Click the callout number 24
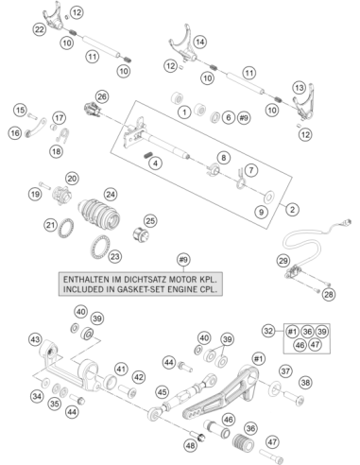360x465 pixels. [111, 195]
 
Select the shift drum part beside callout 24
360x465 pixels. [99, 213]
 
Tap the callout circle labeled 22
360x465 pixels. [39, 29]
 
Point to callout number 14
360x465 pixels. [200, 42]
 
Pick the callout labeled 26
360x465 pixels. [102, 96]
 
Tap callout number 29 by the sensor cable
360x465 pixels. [283, 261]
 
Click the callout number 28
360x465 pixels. [329, 294]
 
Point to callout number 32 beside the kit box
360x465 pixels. [268, 331]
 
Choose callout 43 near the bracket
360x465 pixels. [35, 339]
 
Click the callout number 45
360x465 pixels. [163, 392]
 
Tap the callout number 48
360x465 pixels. [190, 445]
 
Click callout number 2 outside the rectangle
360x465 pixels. [292, 209]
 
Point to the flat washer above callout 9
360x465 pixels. [268, 198]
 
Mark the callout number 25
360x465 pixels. [150, 221]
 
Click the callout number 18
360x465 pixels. [57, 151]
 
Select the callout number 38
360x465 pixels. [305, 383]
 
